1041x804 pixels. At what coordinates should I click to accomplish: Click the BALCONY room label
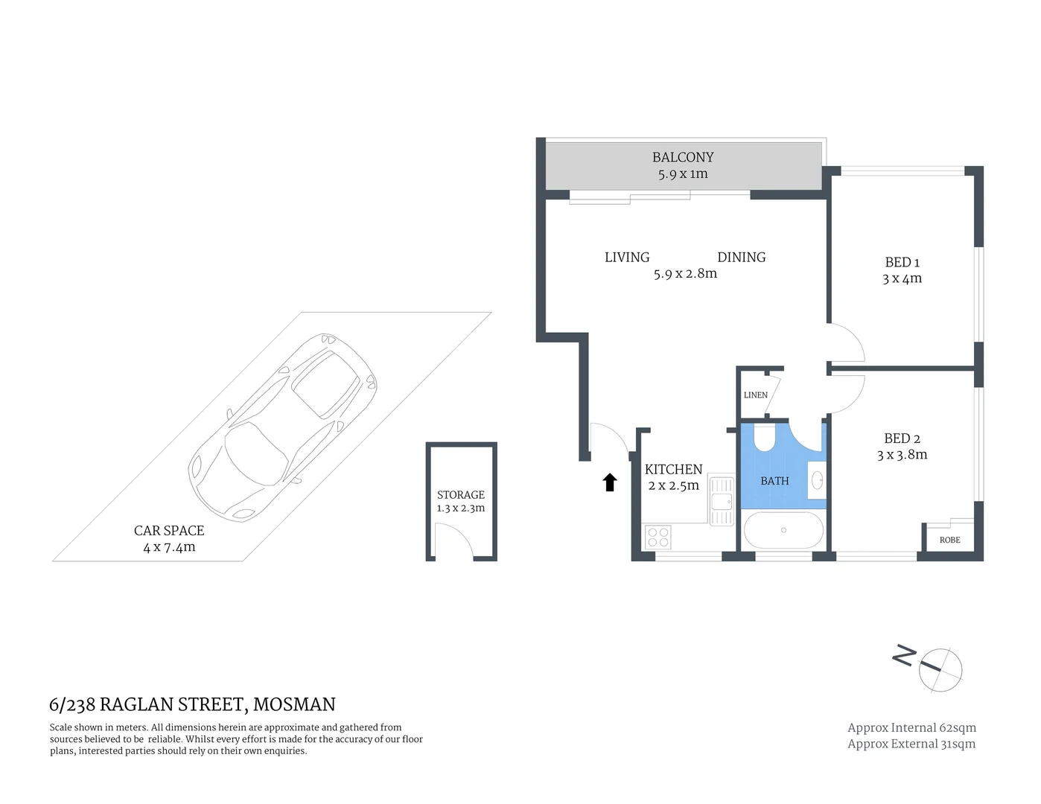pos(682,157)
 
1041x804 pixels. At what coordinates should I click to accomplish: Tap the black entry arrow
pos(610,482)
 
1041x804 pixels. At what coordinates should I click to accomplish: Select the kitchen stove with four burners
pos(658,537)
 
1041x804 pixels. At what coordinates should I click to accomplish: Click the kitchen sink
pos(722,500)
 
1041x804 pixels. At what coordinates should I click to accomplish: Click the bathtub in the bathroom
pos(783,530)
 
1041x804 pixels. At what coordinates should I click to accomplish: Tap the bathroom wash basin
pos(817,480)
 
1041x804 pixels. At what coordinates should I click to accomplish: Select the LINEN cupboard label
pos(755,395)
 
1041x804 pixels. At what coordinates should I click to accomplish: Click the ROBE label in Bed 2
pos(949,540)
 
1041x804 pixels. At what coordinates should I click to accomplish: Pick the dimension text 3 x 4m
pos(902,278)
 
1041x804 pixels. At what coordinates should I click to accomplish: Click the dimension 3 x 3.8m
pos(902,455)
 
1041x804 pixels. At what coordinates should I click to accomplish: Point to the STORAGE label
pos(460,494)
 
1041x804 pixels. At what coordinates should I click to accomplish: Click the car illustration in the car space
pos(283,427)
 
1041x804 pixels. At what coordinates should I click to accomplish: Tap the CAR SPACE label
pos(169,531)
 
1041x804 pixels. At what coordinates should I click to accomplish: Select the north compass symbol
pos(940,669)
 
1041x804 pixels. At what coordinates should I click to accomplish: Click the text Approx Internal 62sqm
pos(911,727)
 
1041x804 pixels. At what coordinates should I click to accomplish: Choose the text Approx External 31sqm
pos(911,744)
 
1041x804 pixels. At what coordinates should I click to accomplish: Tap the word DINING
pos(741,257)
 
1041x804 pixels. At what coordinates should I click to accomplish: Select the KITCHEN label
pos(673,469)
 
